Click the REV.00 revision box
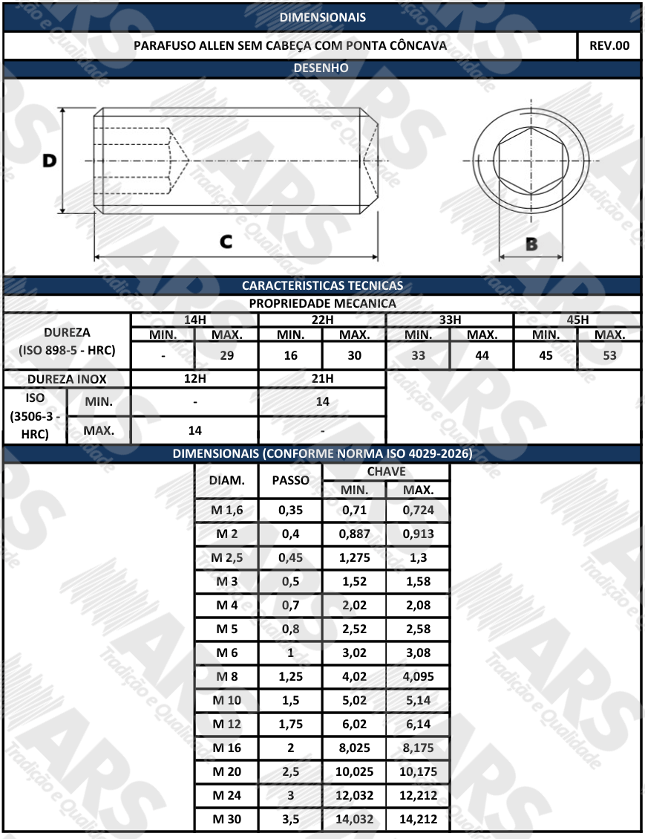pyautogui.click(x=609, y=45)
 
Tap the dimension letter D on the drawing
pyautogui.click(x=49, y=161)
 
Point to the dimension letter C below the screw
pyautogui.click(x=226, y=242)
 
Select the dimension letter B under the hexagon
pyautogui.click(x=531, y=244)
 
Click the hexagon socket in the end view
pyautogui.click(x=531, y=161)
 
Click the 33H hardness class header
pyautogui.click(x=450, y=320)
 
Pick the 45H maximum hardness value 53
pyautogui.click(x=609, y=355)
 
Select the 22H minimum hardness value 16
pyautogui.click(x=290, y=355)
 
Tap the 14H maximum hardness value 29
pyautogui.click(x=226, y=355)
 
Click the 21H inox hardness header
pyautogui.click(x=322, y=378)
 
